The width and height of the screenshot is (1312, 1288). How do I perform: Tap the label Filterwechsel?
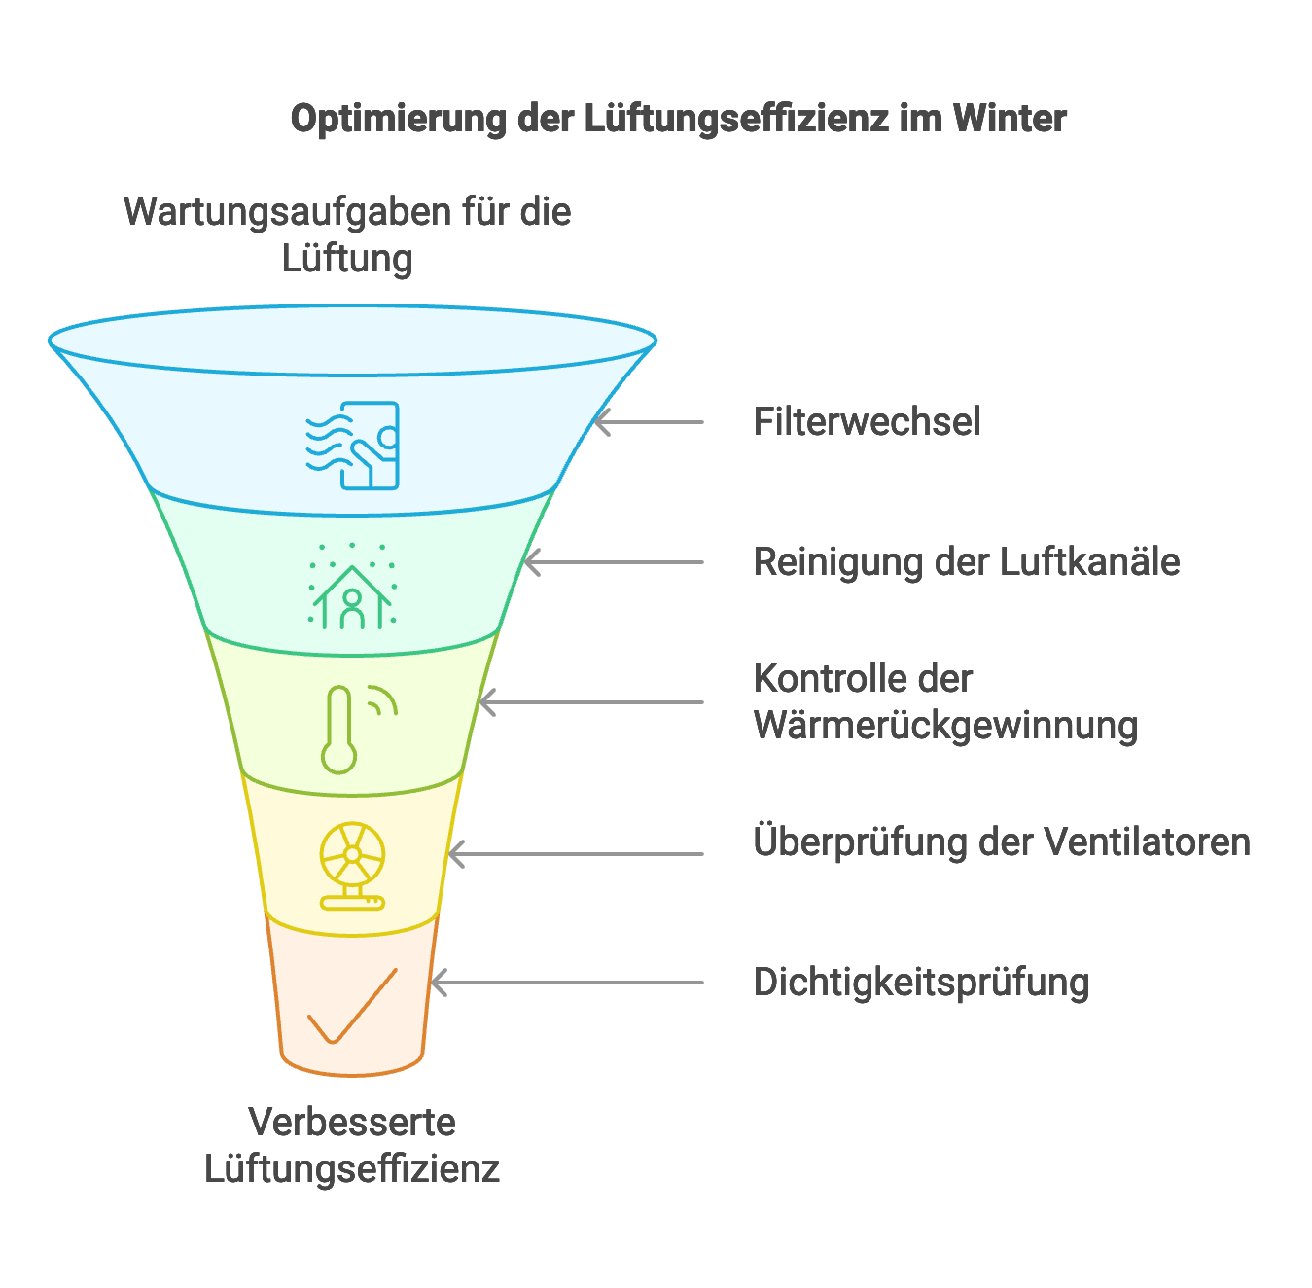tap(867, 422)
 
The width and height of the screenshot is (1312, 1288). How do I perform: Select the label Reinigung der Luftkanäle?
tap(967, 562)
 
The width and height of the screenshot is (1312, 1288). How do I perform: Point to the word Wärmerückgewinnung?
tap(945, 726)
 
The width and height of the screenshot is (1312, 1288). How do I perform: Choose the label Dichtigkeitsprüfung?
tap(921, 983)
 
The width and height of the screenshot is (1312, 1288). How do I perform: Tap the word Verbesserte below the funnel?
tap(352, 1123)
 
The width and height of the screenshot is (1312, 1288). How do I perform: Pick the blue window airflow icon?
tap(353, 446)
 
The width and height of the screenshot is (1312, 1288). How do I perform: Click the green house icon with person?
tap(352, 588)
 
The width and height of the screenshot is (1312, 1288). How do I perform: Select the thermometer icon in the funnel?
tap(340, 730)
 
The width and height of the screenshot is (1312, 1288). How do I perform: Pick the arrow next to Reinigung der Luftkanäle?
tap(614, 562)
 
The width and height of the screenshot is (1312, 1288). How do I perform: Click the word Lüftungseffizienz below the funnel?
tap(352, 1169)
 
